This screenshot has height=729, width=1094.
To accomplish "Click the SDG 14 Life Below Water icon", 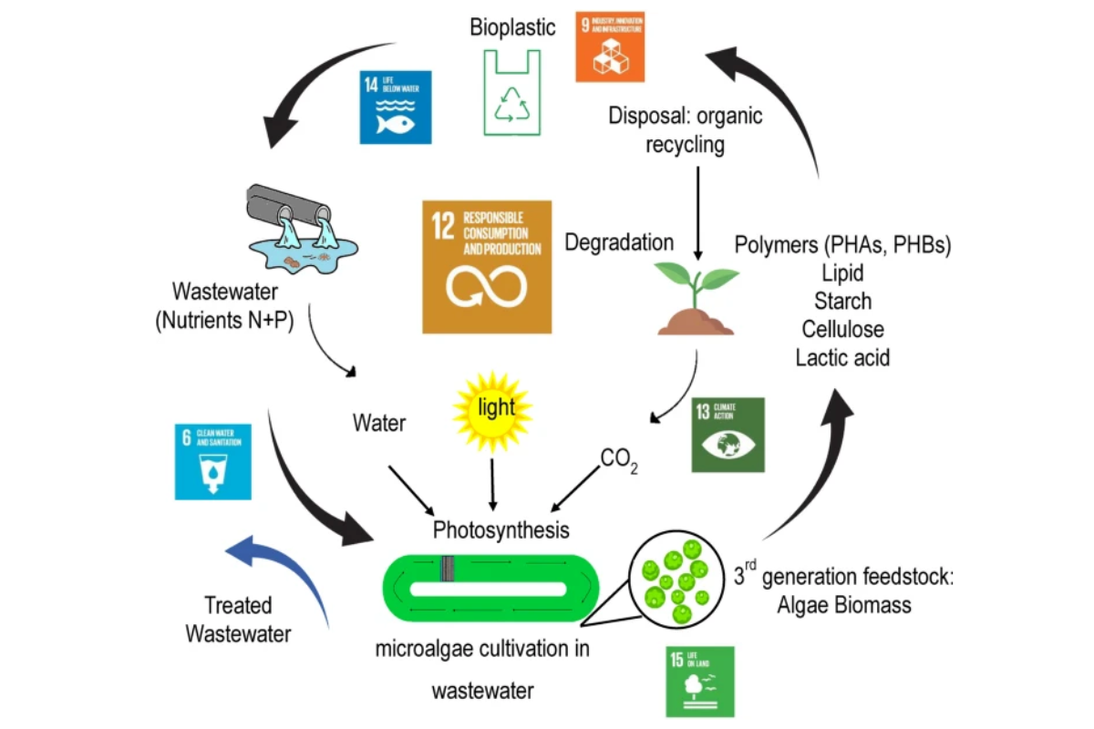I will coord(396,107).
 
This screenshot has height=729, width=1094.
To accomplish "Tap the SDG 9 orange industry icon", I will coord(610,46).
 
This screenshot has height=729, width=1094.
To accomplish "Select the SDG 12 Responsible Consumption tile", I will coord(487,266).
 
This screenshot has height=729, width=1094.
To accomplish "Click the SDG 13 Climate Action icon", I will coord(728,435).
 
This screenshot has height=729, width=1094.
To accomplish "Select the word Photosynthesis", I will coord(501,529).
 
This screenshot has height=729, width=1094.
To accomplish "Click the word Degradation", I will coord(619,242).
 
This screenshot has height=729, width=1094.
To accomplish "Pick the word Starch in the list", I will coord(843,301).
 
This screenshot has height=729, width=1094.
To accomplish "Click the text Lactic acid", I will coord(843,357).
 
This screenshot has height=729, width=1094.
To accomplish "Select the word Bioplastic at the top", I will coord(512,27).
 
